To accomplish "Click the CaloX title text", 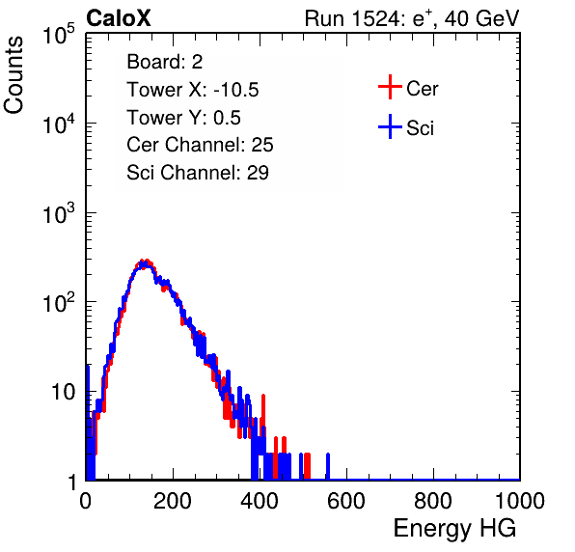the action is coord(118,18).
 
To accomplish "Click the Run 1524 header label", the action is coord(412,18).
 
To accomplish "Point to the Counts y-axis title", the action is coord(14,75).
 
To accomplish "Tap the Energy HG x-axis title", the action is coord(454,529).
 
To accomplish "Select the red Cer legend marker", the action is coord(390,87).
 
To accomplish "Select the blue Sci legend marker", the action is coord(390,127).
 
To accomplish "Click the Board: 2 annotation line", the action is coord(164,62).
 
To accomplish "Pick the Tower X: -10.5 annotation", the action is coord(193,90).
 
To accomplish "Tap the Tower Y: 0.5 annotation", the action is coord(183,118).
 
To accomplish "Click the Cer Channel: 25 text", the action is coord(200,145).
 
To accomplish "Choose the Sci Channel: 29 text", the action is coord(198,173).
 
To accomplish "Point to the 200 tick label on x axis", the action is coord(173,501).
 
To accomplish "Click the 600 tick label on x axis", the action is coord(346,501).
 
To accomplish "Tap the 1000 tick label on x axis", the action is coord(520,501).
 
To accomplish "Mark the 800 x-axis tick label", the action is coord(433,501).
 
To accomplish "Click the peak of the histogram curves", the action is coord(145,263).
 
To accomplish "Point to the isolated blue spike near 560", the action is coord(328,466).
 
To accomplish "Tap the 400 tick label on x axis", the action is coord(260,501).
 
